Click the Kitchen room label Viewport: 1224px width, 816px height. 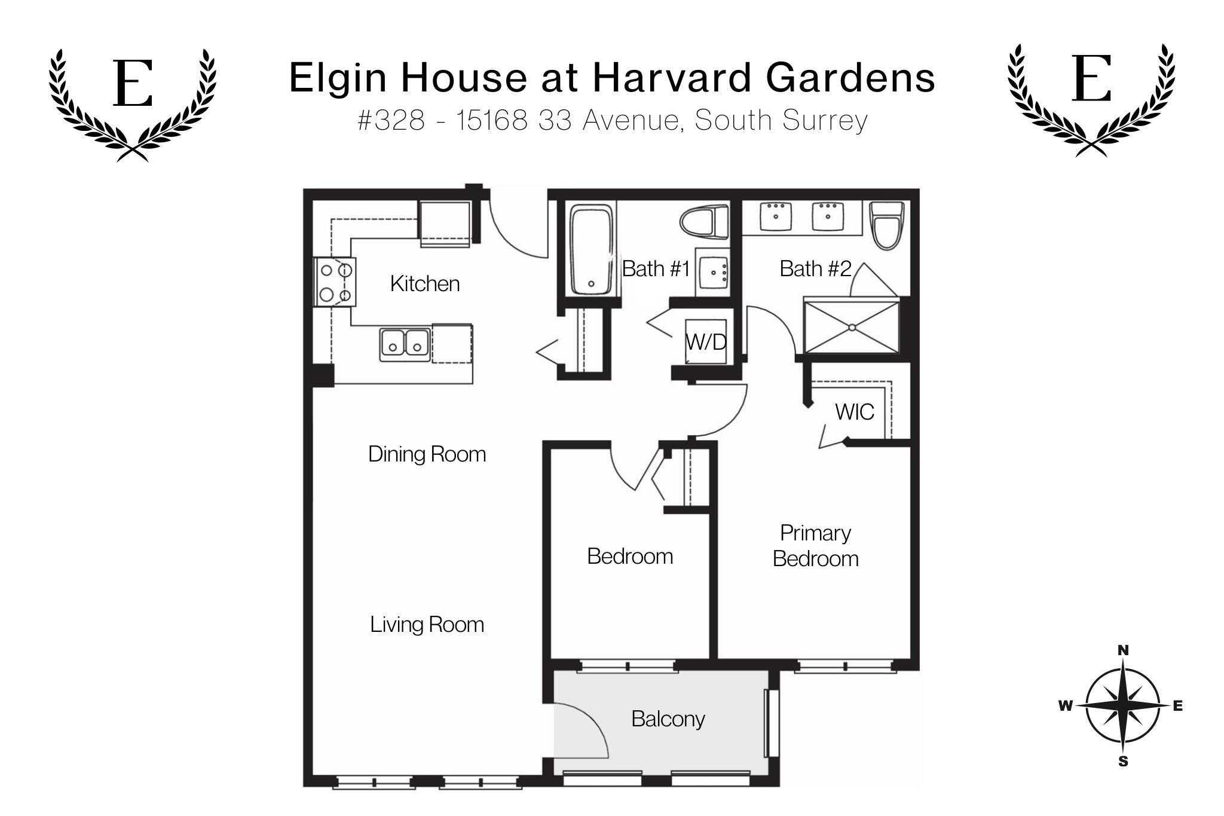(425, 283)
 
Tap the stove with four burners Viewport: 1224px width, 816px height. (335, 282)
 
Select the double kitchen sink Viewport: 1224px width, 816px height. (405, 345)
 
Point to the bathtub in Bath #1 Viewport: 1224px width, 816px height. (591, 249)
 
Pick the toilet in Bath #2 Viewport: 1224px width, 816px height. (887, 225)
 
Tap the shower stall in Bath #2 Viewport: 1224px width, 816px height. (851, 327)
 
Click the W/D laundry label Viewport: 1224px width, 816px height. (706, 342)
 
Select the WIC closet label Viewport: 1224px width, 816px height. (855, 412)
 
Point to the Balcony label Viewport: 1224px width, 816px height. (668, 719)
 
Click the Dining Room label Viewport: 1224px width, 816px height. (427, 454)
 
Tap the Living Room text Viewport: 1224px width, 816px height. (427, 625)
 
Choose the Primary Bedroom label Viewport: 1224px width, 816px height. (815, 546)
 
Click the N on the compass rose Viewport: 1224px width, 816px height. (1123, 650)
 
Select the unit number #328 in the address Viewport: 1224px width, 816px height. (391, 120)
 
